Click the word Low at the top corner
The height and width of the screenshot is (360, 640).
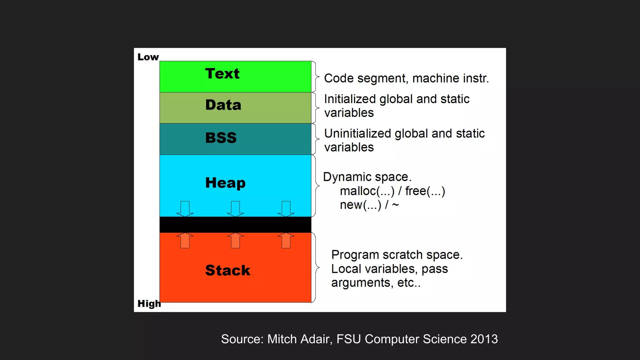pos(148,57)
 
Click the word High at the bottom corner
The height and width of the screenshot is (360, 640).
pos(149,303)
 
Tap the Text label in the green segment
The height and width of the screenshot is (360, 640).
pos(222,74)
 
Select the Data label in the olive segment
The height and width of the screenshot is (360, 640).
pos(223,105)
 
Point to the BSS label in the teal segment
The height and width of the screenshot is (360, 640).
pos(221,138)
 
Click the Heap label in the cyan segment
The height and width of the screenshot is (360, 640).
pos(225,183)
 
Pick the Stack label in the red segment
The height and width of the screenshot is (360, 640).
pos(227,270)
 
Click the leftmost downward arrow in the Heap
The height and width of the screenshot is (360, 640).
pos(185,209)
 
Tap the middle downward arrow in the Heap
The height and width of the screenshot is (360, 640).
pos(235,209)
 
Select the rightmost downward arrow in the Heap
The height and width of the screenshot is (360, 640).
pos(286,209)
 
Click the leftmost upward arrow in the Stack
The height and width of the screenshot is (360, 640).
pos(185,241)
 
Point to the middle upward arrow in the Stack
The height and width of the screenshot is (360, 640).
pos(235,241)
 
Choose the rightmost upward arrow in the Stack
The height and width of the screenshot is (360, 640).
pos(286,241)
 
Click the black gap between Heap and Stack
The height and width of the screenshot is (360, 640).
pos(235,225)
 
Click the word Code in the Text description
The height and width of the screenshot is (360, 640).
pos(338,78)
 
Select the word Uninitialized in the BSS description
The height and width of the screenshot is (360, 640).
pos(357,133)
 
